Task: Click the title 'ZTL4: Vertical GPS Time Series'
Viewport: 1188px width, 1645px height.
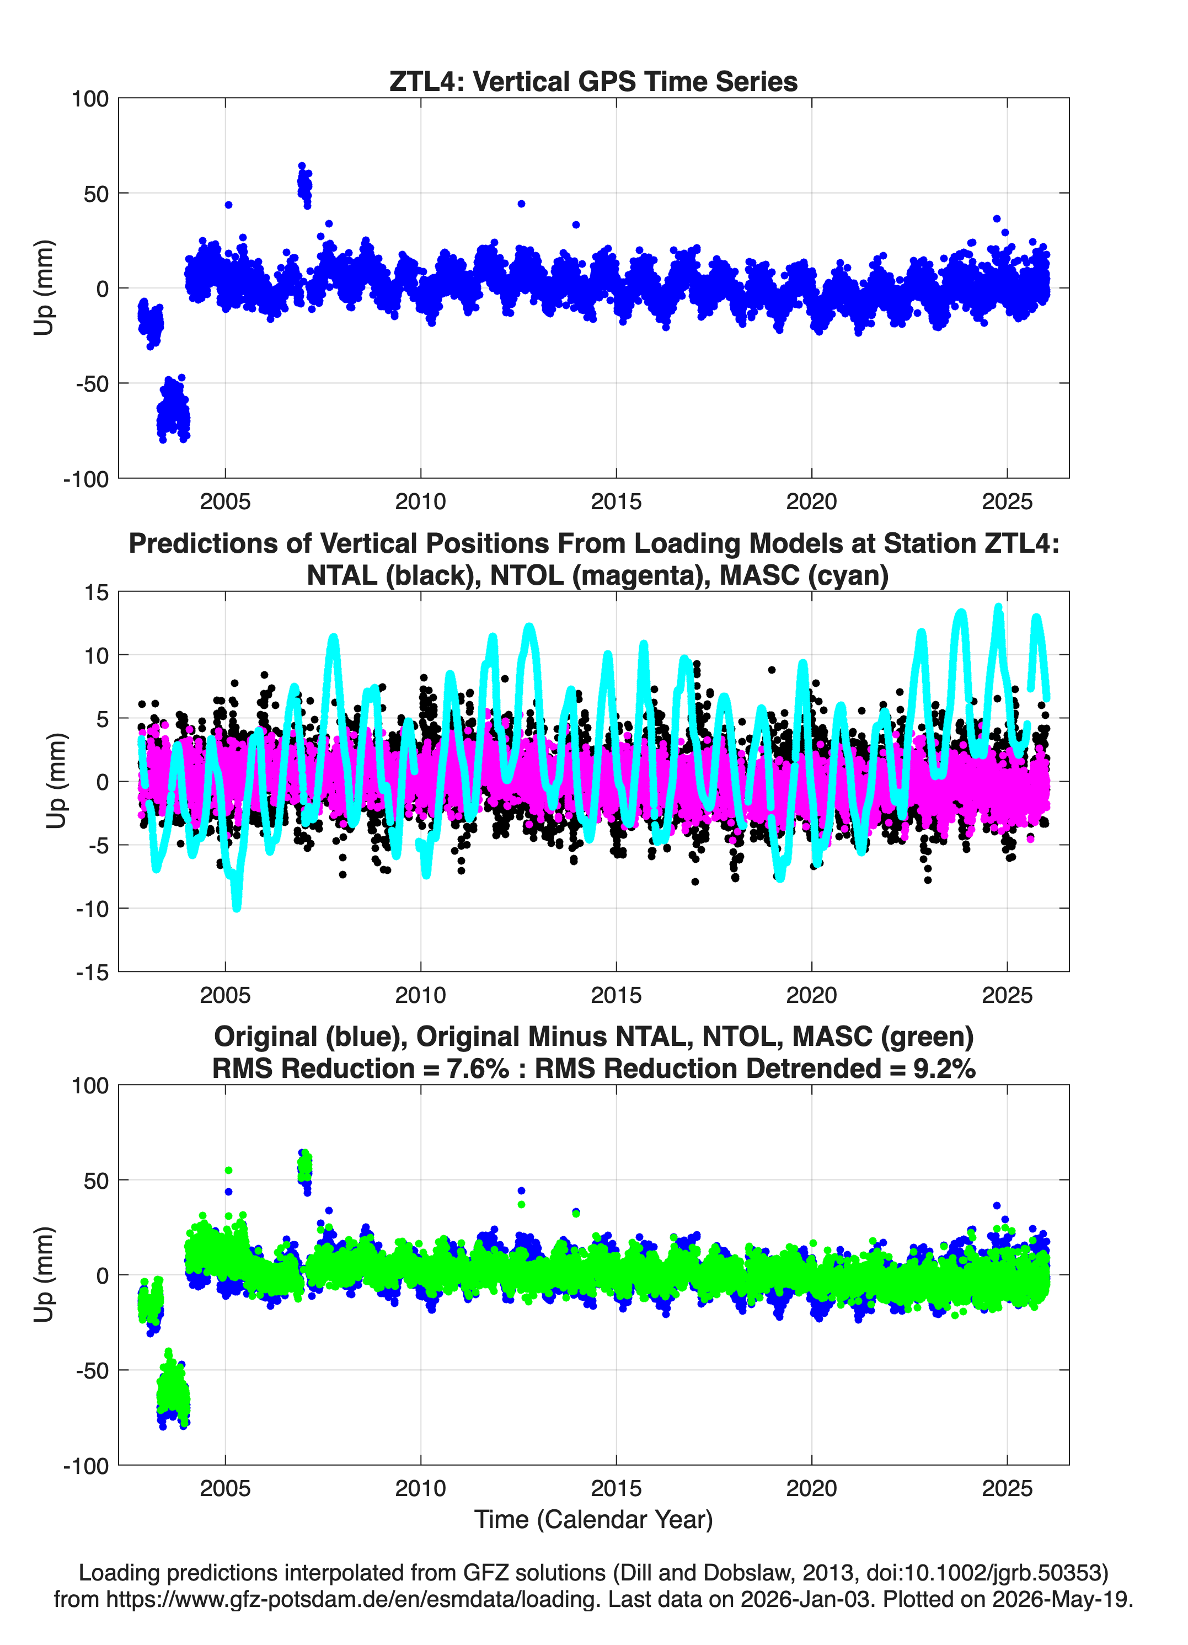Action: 593,81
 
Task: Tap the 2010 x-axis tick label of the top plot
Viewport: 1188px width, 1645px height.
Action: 421,501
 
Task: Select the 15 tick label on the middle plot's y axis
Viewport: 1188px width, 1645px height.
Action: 97,592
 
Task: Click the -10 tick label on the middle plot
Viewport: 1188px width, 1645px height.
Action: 92,909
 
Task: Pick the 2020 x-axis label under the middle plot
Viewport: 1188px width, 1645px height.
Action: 812,995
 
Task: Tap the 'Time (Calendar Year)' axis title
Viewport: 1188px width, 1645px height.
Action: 593,1520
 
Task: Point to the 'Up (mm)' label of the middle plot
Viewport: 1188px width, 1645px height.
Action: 56,781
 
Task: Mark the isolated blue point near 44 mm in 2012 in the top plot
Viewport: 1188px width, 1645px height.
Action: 521,204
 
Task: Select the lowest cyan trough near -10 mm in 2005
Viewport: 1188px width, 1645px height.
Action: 237,906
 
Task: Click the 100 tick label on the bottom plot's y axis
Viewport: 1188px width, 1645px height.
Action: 90,1086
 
